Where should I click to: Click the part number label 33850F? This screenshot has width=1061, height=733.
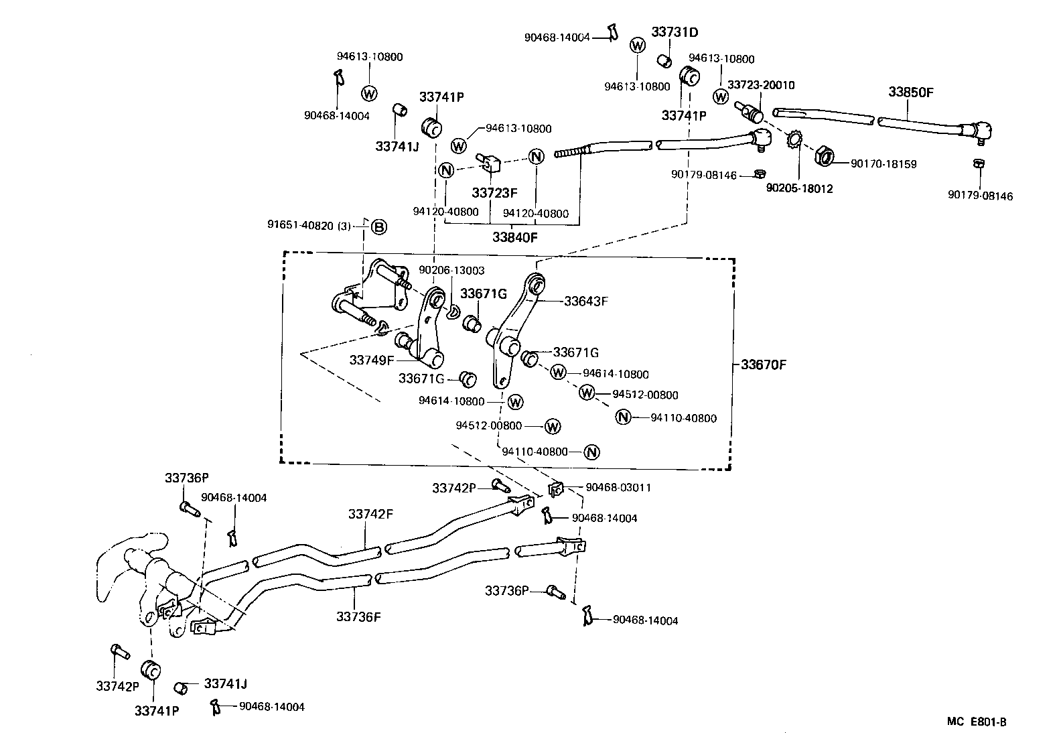coord(910,92)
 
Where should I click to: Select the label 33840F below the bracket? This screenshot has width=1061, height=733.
coord(514,237)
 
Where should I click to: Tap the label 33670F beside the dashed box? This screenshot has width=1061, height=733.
coord(763,365)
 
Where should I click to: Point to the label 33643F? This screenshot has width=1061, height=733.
coord(585,302)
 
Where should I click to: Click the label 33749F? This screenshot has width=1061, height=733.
coord(372,360)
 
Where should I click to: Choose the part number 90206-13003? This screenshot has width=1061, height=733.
coord(451,270)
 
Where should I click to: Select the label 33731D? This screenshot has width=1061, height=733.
coord(675,31)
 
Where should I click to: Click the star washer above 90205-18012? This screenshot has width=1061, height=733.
coord(794,141)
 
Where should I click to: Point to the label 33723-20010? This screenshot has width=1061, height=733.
coord(761,85)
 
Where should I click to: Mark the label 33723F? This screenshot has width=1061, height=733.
coord(494,193)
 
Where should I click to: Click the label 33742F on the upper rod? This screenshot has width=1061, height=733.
coord(370,515)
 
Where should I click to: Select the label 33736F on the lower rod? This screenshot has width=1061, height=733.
coord(358,616)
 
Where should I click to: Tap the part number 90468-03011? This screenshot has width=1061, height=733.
coord(618,487)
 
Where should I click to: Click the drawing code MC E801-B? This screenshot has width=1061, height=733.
coord(977,722)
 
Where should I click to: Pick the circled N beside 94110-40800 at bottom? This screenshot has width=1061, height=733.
coord(591,452)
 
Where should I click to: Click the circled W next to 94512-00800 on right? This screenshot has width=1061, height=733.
coord(587,393)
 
